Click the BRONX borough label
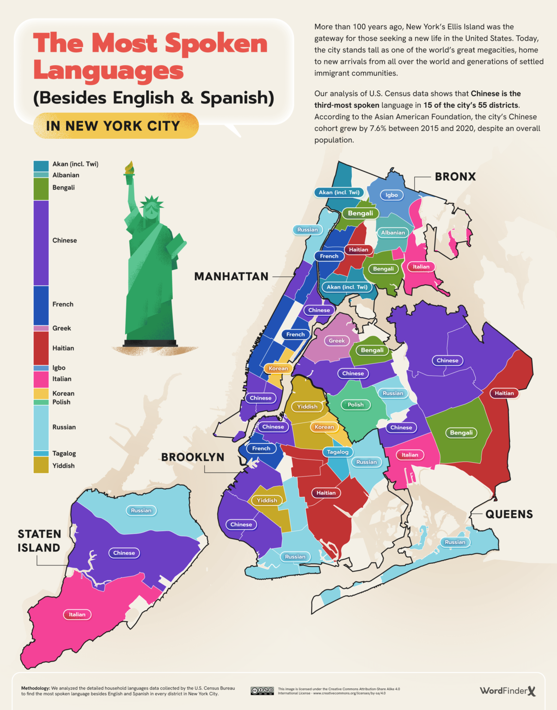[455, 177]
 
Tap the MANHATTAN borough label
[231, 276]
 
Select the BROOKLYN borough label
[193, 457]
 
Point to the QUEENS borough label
[509, 514]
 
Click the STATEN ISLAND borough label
[39, 541]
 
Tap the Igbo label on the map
[392, 195]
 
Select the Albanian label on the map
[393, 233]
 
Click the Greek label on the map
[337, 341]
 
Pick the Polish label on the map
[355, 404]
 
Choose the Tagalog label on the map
[337, 452]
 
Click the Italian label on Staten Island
[77, 614]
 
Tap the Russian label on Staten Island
[141, 510]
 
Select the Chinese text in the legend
[65, 240]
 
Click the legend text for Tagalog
[64, 453]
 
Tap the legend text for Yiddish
[63, 465]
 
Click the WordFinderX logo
[508, 691]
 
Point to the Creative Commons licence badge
[262, 691]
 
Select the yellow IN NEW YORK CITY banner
[116, 126]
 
